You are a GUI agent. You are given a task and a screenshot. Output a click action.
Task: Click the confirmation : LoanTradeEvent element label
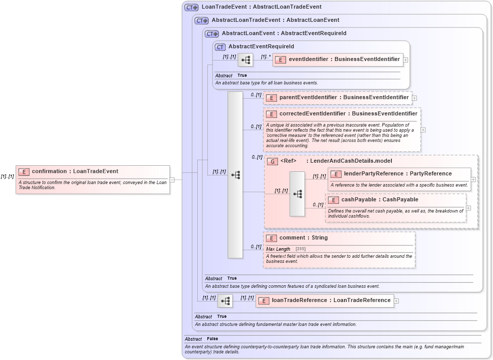point(75,171)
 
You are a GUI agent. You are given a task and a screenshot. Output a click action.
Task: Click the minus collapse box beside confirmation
point(172,179)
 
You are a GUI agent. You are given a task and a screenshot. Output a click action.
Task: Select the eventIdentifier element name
point(344,59)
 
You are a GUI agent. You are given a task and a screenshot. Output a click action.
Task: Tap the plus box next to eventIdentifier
point(406,59)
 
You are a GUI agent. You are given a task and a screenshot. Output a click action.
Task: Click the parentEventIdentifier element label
point(344,98)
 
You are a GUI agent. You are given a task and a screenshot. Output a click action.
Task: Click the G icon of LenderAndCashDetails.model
point(272,161)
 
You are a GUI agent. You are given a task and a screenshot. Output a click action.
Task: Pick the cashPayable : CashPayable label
point(380,200)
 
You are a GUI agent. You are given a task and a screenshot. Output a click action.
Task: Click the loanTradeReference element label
point(331,301)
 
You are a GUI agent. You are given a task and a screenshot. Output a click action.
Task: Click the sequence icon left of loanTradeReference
point(225,301)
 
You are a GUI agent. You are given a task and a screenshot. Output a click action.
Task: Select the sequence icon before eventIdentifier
point(245,60)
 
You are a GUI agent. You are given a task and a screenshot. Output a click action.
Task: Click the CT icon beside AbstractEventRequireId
point(220,47)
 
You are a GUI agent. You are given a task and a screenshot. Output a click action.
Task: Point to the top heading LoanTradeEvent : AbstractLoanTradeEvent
point(261,7)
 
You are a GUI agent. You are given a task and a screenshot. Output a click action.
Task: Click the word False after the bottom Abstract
point(212,339)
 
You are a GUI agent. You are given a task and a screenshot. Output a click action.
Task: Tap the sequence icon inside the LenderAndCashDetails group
point(297,194)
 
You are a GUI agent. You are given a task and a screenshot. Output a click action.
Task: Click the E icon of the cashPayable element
point(333,200)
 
